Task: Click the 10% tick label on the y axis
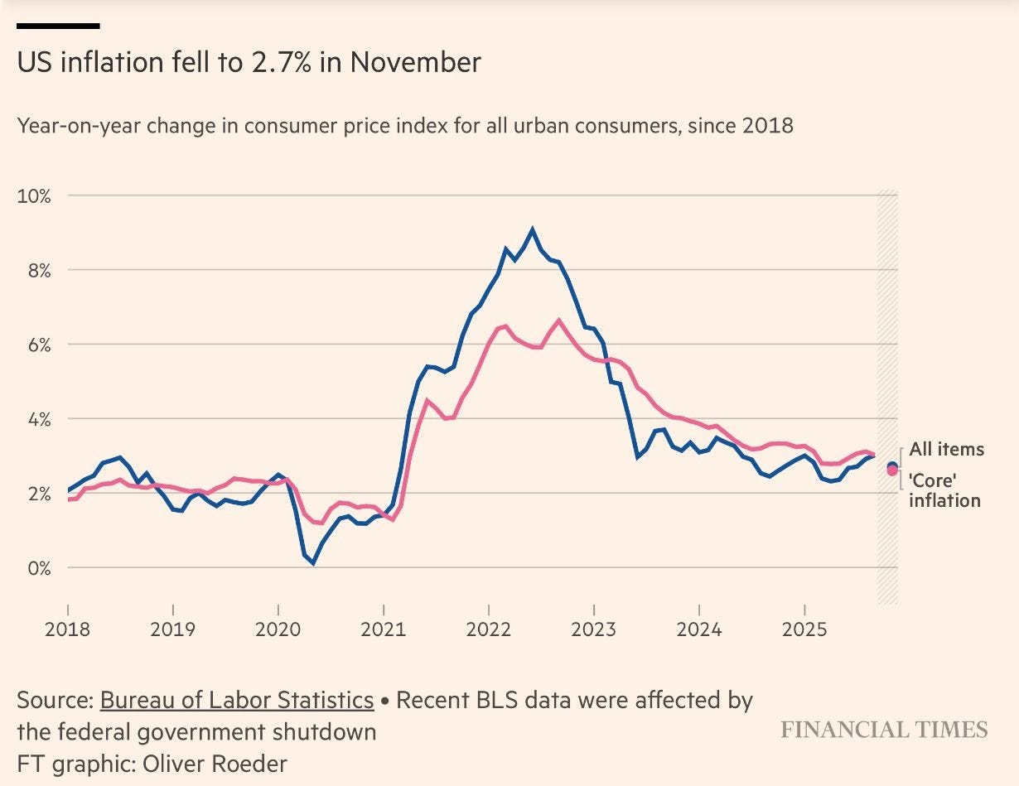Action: click(x=34, y=196)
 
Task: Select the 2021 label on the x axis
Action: click(x=384, y=629)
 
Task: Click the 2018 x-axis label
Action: click(x=67, y=629)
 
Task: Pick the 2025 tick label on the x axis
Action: click(x=804, y=629)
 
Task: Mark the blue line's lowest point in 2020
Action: click(x=312, y=563)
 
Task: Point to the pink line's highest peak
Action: click(x=558, y=320)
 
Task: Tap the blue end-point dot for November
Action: click(x=892, y=466)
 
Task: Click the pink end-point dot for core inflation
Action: click(x=892, y=471)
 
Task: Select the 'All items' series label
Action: click(x=946, y=450)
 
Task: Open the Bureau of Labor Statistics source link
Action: click(x=237, y=701)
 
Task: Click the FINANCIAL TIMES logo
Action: click(x=884, y=730)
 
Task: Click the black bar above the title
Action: click(x=58, y=26)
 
